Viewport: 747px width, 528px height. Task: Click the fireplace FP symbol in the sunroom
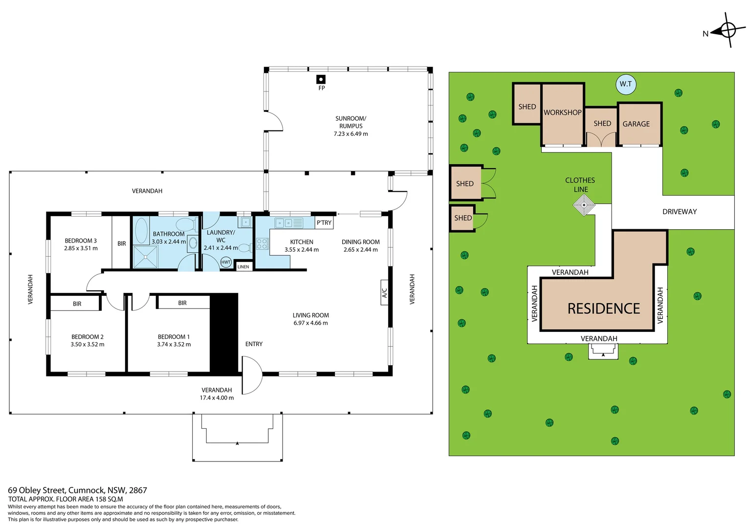321,79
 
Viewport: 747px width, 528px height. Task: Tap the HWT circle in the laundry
226,262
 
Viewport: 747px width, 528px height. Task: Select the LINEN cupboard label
243,267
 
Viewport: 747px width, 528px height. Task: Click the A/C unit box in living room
384,292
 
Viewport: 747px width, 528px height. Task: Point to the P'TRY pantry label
324,223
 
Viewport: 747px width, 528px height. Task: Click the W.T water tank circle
626,84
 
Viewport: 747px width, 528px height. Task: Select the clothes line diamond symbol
584,205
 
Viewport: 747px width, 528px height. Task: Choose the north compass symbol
727,30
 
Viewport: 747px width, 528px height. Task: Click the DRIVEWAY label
680,212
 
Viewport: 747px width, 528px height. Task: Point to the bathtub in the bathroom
141,231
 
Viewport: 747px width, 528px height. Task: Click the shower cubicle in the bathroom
145,257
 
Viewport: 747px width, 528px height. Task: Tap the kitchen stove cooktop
262,243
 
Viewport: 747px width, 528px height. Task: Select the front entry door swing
252,375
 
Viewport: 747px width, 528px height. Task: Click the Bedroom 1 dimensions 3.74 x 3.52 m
174,345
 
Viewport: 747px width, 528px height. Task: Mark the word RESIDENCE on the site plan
604,308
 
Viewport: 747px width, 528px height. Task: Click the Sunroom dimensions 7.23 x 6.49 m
351,134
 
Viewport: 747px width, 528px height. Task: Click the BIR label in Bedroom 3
122,243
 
